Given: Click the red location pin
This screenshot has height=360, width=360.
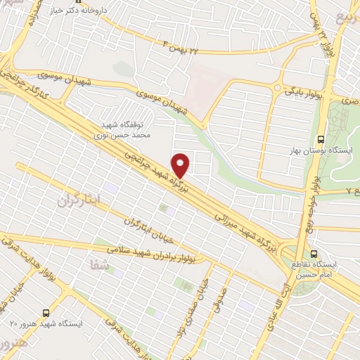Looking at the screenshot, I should (x=181, y=165).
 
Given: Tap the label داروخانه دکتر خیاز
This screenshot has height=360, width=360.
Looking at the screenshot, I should (x=101, y=12).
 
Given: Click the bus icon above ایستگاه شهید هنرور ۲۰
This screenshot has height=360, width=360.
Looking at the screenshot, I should (x=46, y=311).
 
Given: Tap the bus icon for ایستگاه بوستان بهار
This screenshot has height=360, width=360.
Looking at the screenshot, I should (x=321, y=138).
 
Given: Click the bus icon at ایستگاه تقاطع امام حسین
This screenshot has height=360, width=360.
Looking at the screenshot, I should (x=314, y=252).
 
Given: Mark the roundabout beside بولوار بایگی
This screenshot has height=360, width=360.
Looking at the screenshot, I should (x=288, y=90).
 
